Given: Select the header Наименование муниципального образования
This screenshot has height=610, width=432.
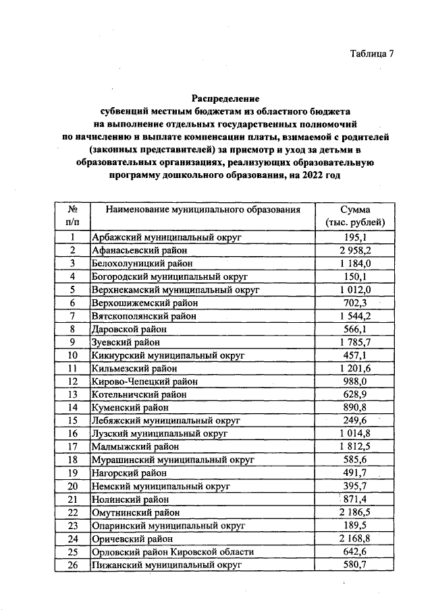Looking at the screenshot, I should click(202, 210).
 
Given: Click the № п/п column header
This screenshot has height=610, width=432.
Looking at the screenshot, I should click(71, 216).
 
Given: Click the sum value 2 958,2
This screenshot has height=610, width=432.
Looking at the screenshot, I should click(355, 250).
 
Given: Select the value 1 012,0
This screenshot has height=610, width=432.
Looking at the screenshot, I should click(355, 290).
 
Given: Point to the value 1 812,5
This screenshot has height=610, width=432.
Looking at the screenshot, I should click(355, 446).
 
